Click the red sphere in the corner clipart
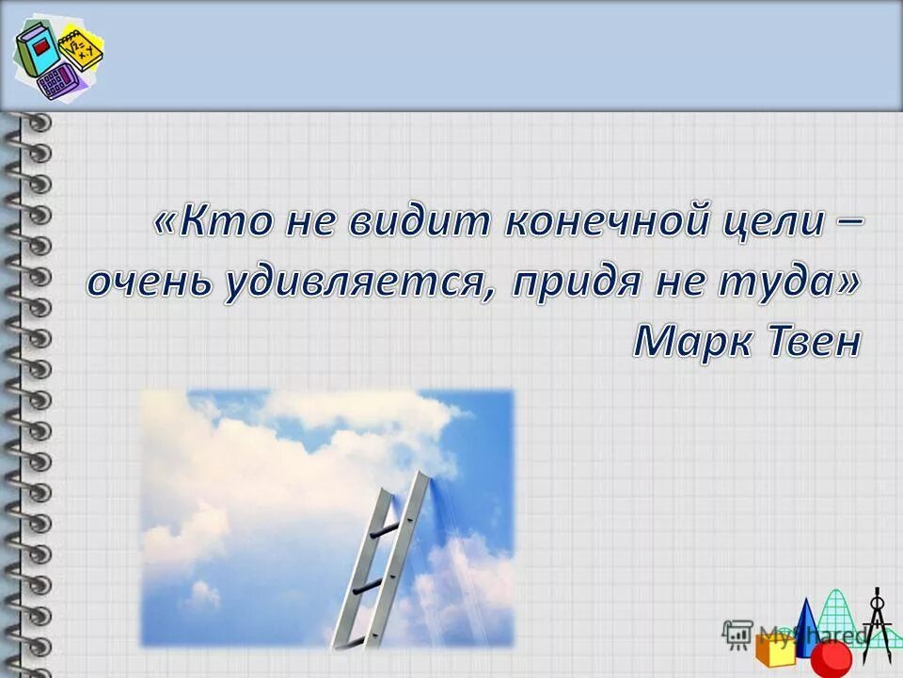(830, 657)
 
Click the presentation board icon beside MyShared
(737, 633)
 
